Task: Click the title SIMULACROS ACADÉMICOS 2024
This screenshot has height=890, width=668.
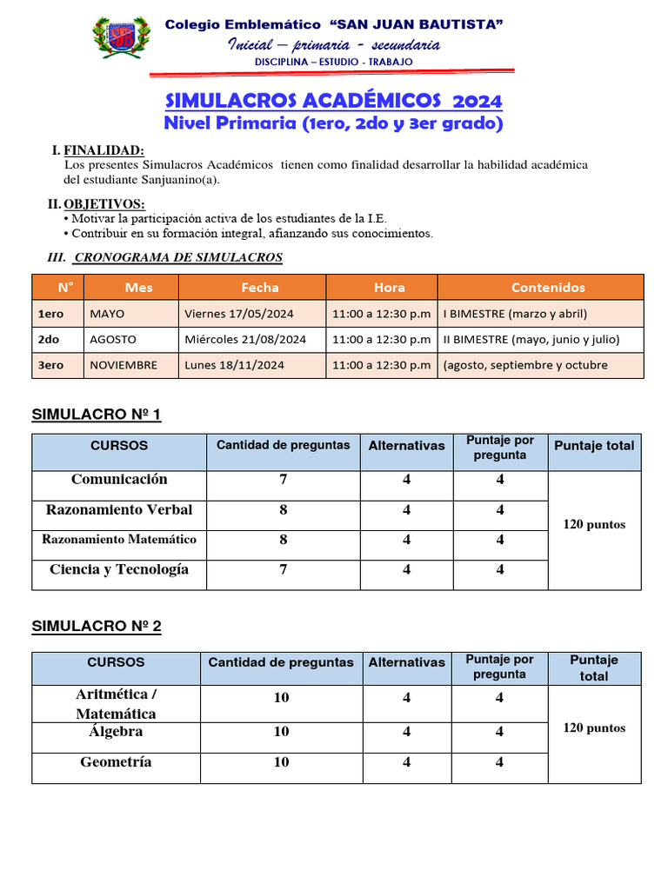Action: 333,101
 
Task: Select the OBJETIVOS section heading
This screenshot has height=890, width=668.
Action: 104,204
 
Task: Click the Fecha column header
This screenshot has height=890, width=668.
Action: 260,288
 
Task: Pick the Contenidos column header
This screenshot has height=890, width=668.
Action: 548,288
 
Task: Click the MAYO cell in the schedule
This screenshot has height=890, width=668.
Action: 107,314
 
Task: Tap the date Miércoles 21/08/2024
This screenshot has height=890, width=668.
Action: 245,339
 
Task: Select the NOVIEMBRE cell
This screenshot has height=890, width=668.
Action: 124,365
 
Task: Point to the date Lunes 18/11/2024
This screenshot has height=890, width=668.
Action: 235,365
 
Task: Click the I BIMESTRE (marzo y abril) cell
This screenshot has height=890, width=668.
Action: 515,314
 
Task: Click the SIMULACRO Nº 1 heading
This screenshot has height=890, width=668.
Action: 96,415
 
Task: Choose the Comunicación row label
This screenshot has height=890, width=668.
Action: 119,480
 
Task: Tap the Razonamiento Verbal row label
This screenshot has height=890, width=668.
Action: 119,509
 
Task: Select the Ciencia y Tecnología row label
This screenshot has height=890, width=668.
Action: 119,569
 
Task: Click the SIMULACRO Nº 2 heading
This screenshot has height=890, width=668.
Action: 96,626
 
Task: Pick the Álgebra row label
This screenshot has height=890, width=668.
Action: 116,732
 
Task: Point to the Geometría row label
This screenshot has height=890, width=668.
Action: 116,762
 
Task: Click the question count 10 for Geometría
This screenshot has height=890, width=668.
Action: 282,762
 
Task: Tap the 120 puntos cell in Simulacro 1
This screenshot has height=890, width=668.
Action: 594,525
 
